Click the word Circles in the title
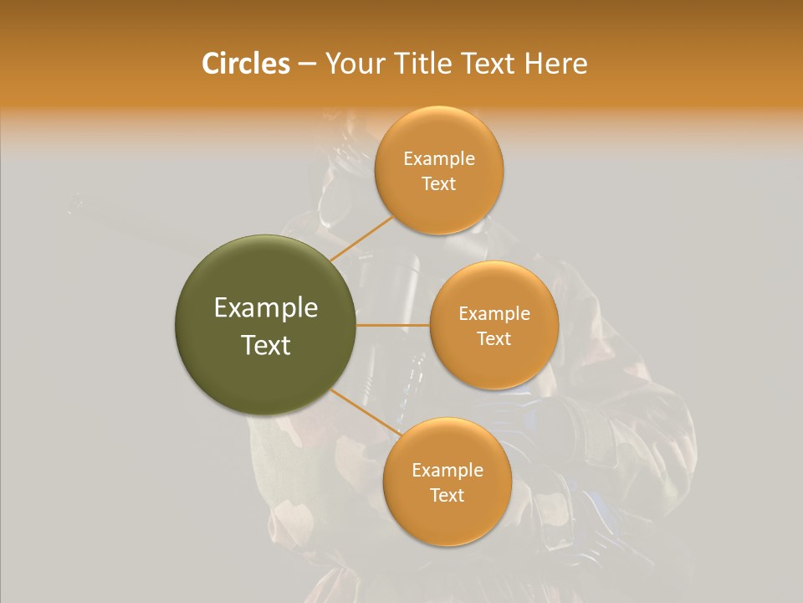(x=245, y=63)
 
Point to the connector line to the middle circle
(x=392, y=325)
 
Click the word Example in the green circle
(x=265, y=308)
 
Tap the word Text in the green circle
(x=265, y=345)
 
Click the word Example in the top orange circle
(x=438, y=159)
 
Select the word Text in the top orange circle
(x=438, y=184)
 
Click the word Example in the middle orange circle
(x=494, y=314)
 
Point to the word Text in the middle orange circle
(x=494, y=339)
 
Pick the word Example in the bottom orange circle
(x=447, y=471)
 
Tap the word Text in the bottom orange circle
(x=447, y=496)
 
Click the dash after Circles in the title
(x=306, y=64)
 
